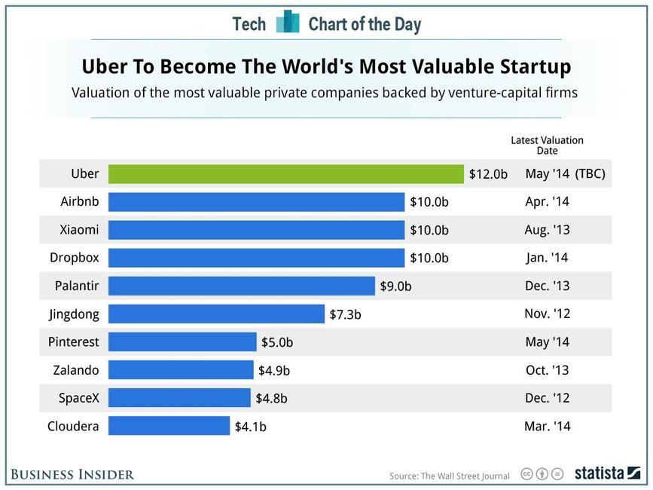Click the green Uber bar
coord(285,174)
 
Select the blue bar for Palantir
coord(241,286)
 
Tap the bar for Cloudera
coord(169,426)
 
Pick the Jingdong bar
coord(216,314)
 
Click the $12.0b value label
coord(489,174)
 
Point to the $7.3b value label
coord(345,314)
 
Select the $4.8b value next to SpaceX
coord(271,399)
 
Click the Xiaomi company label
coord(79,229)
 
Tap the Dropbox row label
coord(75,257)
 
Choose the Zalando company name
coord(76,370)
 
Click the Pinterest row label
coord(74,341)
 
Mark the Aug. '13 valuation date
coord(547,230)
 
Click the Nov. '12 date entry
coord(547,314)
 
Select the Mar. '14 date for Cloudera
coord(547,426)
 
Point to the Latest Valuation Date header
coord(547,145)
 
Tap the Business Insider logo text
coord(72,474)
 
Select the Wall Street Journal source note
coord(449,476)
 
